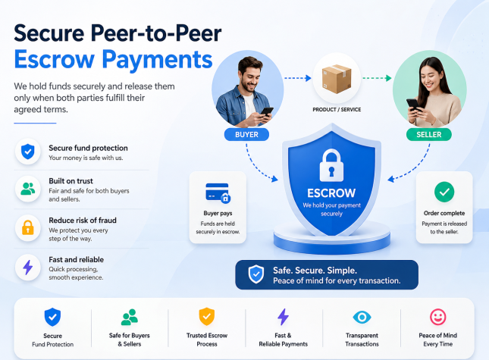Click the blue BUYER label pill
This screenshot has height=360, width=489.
point(246,135)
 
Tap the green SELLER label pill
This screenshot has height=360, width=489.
point(429,135)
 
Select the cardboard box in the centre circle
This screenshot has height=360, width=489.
point(337,79)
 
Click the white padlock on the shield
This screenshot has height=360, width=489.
point(331,165)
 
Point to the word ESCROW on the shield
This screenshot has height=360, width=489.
point(331,193)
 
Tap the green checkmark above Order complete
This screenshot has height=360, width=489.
point(444,192)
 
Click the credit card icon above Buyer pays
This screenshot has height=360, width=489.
point(218,193)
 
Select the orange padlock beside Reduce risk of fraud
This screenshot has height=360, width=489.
point(28,227)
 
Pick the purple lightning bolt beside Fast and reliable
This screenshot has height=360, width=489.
point(28,267)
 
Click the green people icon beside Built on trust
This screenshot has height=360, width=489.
point(28,189)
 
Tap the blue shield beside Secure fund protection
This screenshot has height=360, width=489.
point(28,152)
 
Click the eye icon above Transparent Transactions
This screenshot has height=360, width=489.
point(362,318)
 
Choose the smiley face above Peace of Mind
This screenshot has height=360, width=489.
point(438,317)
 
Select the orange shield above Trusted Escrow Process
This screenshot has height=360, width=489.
point(207,317)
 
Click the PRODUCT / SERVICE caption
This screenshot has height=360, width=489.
point(337,110)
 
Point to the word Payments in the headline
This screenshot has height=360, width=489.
point(157,60)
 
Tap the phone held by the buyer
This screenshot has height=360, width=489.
point(267,111)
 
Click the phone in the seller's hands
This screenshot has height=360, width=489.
point(413,105)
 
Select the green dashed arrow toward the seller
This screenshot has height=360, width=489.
point(377,78)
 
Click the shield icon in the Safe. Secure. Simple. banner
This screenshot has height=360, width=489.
point(256,274)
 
